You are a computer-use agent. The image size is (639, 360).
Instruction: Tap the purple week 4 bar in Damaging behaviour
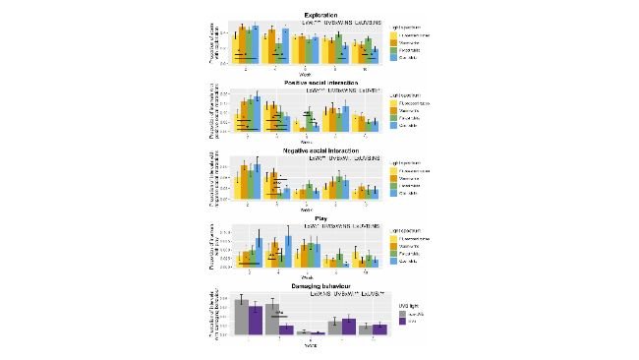pos(285,330)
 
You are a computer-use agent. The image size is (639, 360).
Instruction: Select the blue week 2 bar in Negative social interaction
pos(255,181)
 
